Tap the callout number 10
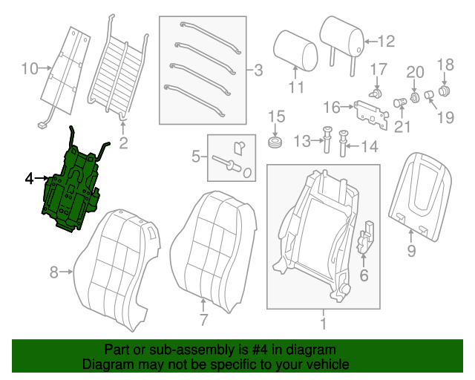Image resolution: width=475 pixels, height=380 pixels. tap(29, 70)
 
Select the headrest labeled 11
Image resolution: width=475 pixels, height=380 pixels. tap(295, 50)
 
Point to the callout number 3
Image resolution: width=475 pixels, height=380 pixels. tap(258, 71)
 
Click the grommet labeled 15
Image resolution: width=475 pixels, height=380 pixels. tap(275, 141)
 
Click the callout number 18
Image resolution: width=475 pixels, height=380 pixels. tap(445, 65)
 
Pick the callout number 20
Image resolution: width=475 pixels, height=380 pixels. tap(415, 71)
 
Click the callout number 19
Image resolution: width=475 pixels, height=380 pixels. tap(445, 117)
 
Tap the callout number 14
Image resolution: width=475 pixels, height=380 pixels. tap(369, 146)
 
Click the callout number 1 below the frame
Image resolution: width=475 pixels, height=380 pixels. tap(323, 324)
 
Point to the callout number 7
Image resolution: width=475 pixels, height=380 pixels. tap(203, 321)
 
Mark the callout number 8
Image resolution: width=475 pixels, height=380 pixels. tap(53, 272)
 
